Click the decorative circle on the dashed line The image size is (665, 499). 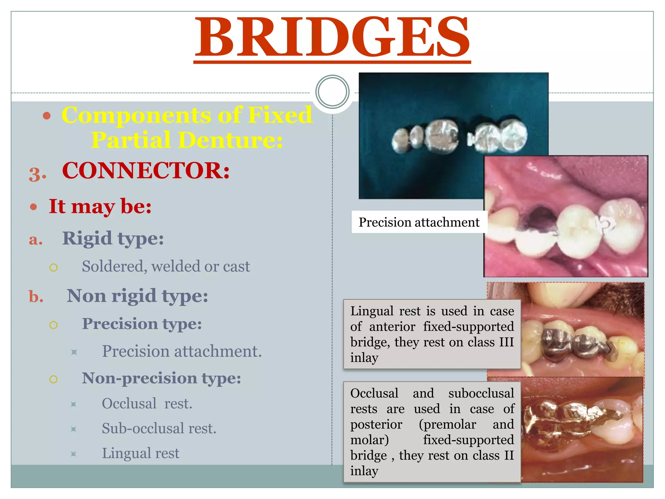[332, 92]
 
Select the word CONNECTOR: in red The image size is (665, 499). [146, 171]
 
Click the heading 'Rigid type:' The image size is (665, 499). [113, 239]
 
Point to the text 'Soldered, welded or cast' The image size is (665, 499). [166, 266]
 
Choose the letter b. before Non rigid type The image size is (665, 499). [36, 297]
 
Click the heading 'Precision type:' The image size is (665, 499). [142, 324]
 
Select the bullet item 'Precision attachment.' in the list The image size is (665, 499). [182, 351]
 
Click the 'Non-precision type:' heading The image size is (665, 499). [161, 378]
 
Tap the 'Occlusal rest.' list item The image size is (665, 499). [147, 404]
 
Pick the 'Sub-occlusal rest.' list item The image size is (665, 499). [159, 429]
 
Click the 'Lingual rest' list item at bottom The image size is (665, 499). [141, 453]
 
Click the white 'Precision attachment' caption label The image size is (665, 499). [419, 222]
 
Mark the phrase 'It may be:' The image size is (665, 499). [100, 206]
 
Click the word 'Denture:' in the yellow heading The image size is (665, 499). [230, 140]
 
